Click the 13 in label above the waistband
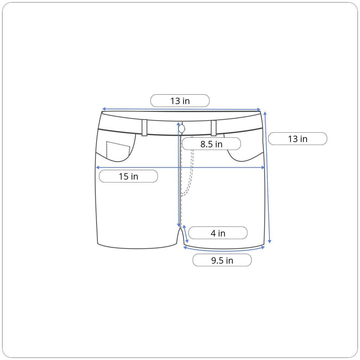180,101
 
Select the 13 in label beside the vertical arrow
298,139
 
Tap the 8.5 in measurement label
211,144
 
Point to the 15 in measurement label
128,176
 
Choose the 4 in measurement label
218,233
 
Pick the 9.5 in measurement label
222,260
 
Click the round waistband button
181,128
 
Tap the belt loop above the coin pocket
144,127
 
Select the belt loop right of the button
214,128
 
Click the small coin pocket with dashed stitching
118,150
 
